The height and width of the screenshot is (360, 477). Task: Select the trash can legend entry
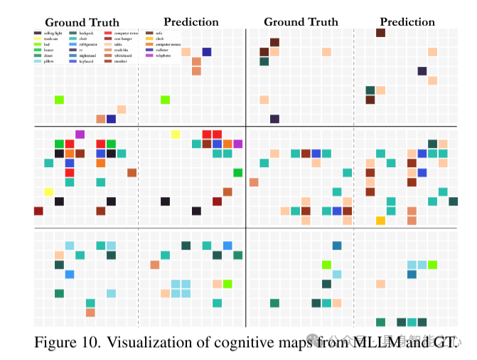(x=50, y=39)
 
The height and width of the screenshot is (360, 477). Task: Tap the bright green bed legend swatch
(x=38, y=44)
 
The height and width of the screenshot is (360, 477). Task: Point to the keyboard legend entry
(x=88, y=61)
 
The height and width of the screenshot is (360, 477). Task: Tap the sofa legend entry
(x=160, y=33)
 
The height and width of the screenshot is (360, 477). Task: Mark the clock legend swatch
(x=150, y=39)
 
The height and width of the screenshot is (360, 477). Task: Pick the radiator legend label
(x=162, y=50)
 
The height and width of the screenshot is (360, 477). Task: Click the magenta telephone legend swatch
(x=150, y=55)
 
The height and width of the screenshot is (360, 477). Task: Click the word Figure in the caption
(x=55, y=342)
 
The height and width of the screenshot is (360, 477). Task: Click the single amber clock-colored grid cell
(x=380, y=221)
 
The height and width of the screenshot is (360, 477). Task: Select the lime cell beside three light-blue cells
(x=432, y=265)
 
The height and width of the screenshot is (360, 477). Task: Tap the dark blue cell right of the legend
(x=207, y=52)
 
